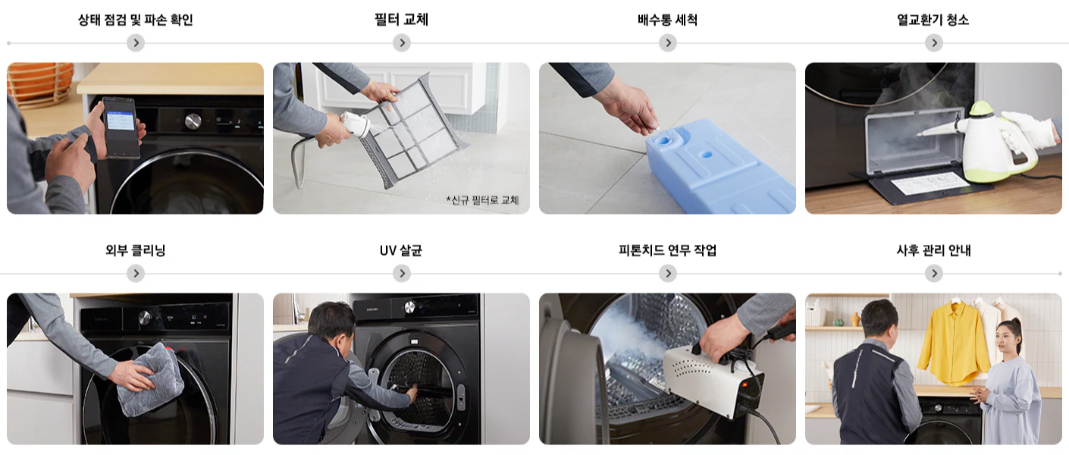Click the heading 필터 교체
[x=401, y=20]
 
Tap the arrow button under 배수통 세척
[x=667, y=43]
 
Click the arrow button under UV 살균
[x=401, y=274]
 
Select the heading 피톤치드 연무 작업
[x=667, y=250]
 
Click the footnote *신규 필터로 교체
[x=482, y=200]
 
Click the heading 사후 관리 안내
[x=933, y=250]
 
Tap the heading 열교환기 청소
[x=933, y=20]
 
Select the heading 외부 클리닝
[x=135, y=250]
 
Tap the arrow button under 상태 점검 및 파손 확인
[x=135, y=43]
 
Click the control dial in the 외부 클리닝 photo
[x=143, y=318]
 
